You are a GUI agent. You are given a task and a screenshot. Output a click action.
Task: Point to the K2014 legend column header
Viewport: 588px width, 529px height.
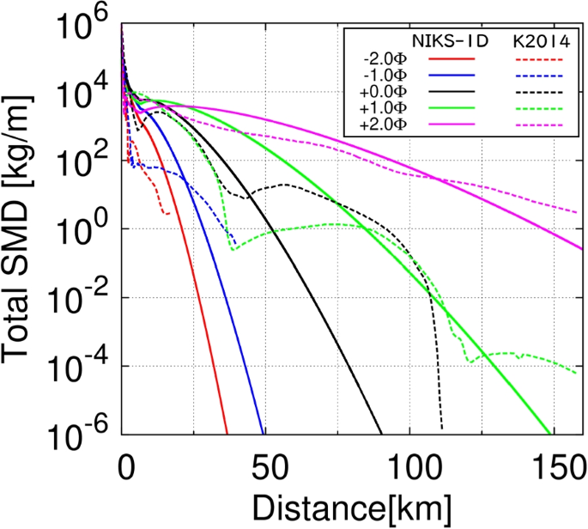point(538,40)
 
